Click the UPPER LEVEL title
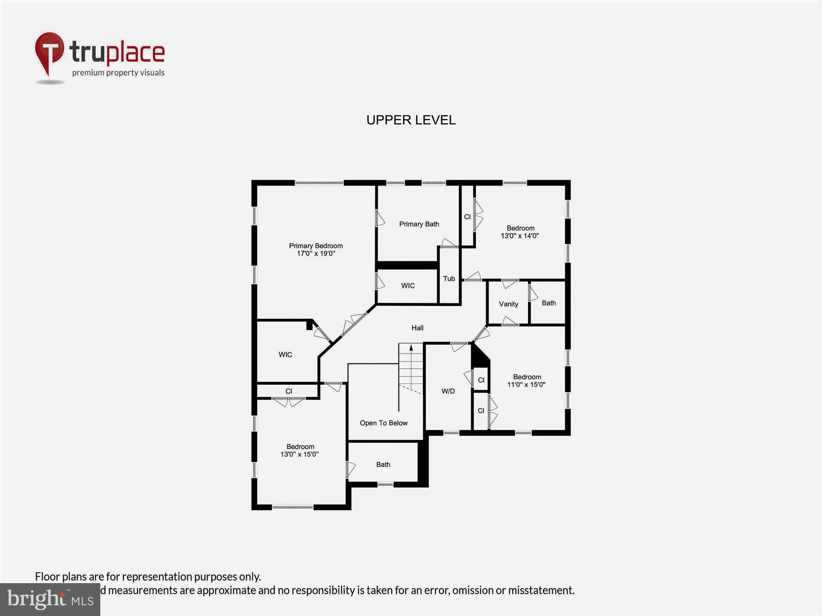(411, 120)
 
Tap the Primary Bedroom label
(316, 246)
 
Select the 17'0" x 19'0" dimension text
(316, 253)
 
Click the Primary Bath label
(419, 224)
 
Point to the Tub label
(449, 278)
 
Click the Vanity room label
(508, 304)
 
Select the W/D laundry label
(448, 391)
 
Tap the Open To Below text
(383, 423)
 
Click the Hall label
(417, 328)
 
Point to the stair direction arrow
(411, 348)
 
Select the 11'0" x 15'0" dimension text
(526, 384)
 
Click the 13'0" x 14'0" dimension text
(520, 236)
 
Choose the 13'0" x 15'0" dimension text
(299, 454)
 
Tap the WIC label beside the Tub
(408, 285)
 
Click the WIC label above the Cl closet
(285, 354)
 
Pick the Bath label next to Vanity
(548, 303)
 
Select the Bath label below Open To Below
(383, 464)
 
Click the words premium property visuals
(118, 73)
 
